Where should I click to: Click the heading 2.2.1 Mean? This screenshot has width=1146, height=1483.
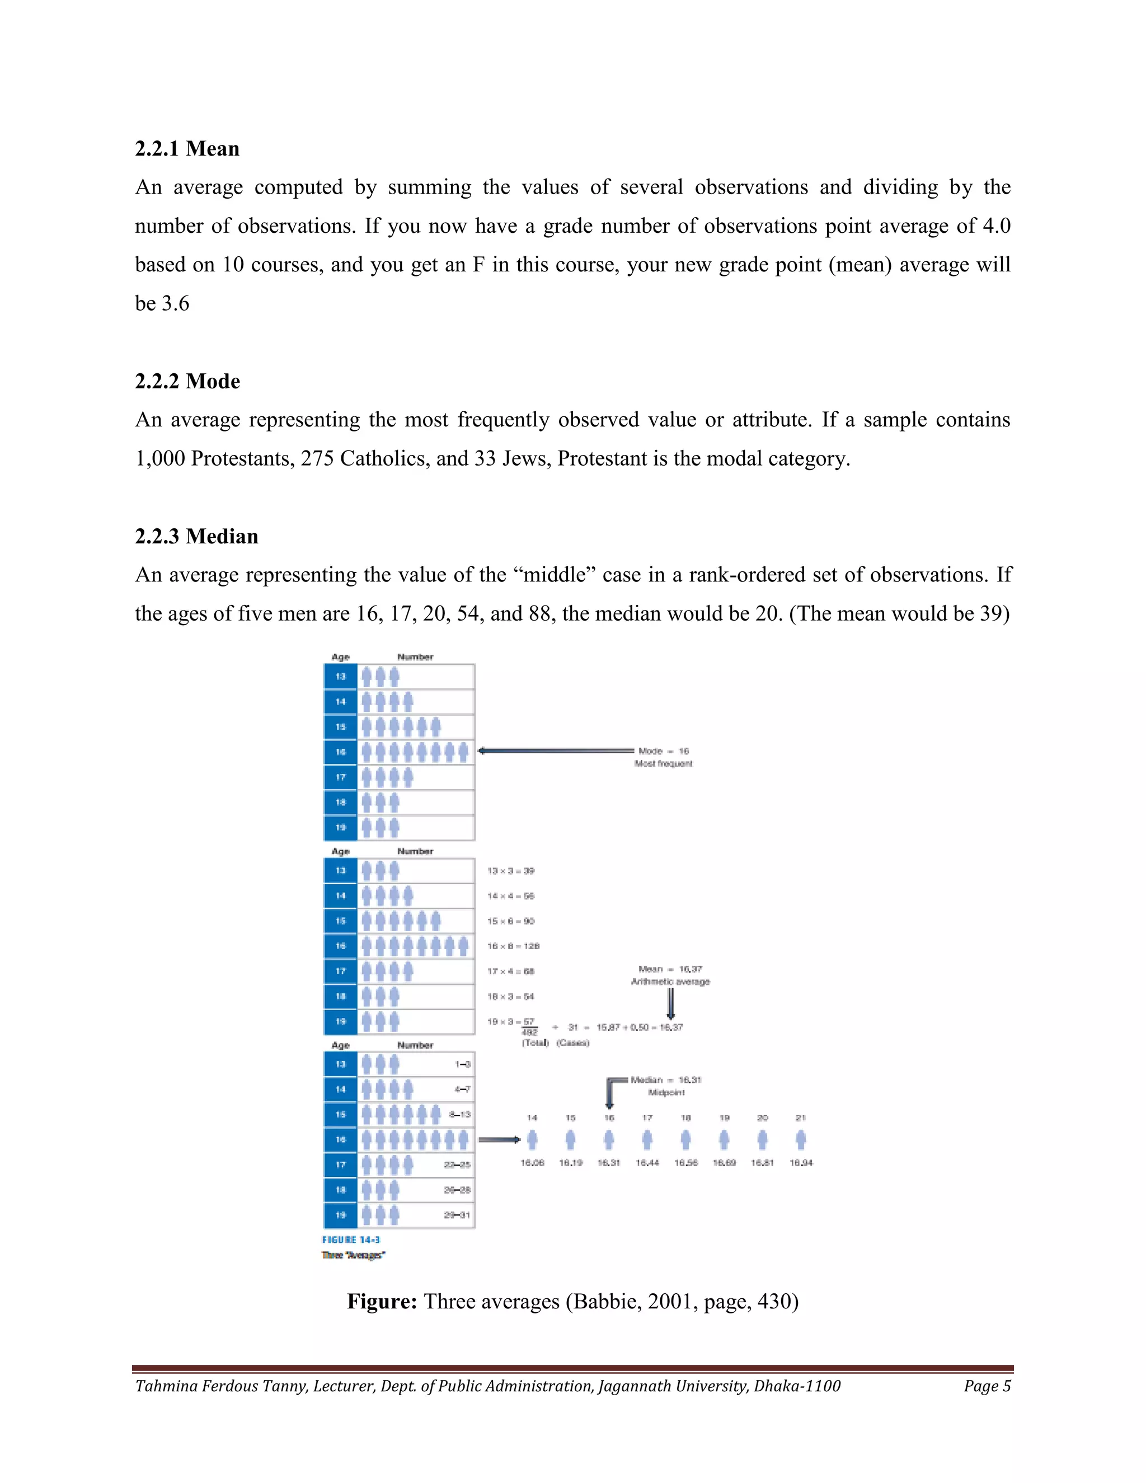point(187,149)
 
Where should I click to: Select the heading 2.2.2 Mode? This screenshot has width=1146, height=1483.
point(187,381)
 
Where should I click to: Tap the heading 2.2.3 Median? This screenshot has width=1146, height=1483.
point(196,537)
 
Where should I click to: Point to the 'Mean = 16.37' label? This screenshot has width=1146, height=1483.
point(670,969)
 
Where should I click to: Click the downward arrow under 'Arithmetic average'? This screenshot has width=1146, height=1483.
point(671,1003)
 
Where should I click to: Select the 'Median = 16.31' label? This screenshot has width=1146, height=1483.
point(665,1080)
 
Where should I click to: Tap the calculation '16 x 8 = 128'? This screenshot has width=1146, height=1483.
point(513,946)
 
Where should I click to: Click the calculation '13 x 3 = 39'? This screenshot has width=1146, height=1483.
point(510,871)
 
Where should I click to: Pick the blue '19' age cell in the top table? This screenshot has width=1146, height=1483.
point(341,828)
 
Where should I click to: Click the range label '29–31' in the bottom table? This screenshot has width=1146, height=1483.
point(457,1215)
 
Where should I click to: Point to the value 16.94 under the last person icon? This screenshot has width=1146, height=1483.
point(801,1162)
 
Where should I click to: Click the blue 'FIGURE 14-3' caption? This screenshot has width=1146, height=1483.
point(351,1240)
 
